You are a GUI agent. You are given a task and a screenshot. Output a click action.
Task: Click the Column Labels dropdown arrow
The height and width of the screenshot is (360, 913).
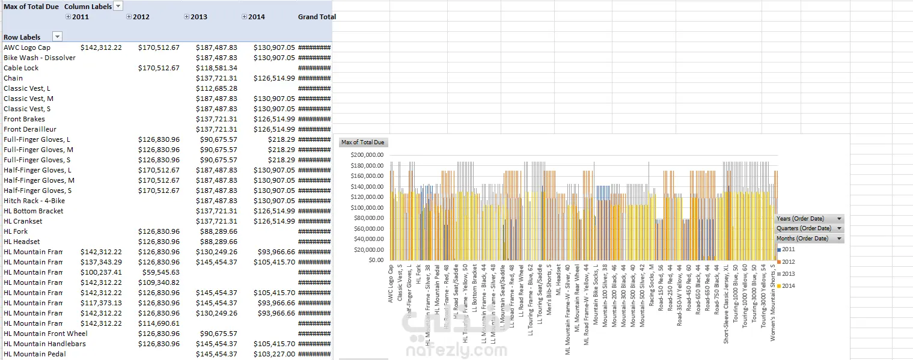[x=118, y=6]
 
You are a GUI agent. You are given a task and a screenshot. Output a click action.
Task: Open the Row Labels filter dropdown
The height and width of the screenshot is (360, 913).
[x=58, y=37]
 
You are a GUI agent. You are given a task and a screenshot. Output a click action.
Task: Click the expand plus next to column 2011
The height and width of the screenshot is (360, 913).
[x=67, y=17]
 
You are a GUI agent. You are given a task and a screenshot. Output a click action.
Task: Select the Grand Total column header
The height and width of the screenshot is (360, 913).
[x=317, y=17]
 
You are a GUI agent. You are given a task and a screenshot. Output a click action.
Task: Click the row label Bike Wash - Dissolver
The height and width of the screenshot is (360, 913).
[x=40, y=58]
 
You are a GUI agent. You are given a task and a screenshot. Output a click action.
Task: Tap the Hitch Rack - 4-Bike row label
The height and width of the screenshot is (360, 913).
[x=34, y=201]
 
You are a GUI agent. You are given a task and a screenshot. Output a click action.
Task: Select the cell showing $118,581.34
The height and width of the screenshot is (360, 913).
[x=216, y=68]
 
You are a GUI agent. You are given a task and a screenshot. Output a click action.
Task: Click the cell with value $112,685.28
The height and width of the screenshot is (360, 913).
[x=216, y=88]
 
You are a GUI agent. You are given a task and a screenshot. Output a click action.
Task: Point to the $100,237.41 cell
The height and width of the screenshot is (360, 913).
[x=101, y=272]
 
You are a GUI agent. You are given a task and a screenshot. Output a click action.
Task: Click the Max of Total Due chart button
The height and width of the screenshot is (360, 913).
[x=363, y=142]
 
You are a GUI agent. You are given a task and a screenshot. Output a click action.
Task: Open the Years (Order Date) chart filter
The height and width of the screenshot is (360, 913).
[x=809, y=219]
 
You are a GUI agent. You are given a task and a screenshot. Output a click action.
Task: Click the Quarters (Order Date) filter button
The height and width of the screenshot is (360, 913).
[x=809, y=228]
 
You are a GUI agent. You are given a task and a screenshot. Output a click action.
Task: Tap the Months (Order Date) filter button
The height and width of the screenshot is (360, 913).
[x=809, y=239]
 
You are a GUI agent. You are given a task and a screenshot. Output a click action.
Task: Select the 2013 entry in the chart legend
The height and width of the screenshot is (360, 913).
[x=789, y=274]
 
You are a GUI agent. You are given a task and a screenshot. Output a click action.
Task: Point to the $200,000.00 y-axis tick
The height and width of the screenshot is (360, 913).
[x=367, y=154]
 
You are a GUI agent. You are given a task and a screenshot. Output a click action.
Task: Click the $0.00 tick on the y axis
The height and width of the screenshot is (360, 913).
[x=375, y=260]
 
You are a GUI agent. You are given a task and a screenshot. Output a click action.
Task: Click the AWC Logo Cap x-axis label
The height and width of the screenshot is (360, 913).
[x=391, y=284]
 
